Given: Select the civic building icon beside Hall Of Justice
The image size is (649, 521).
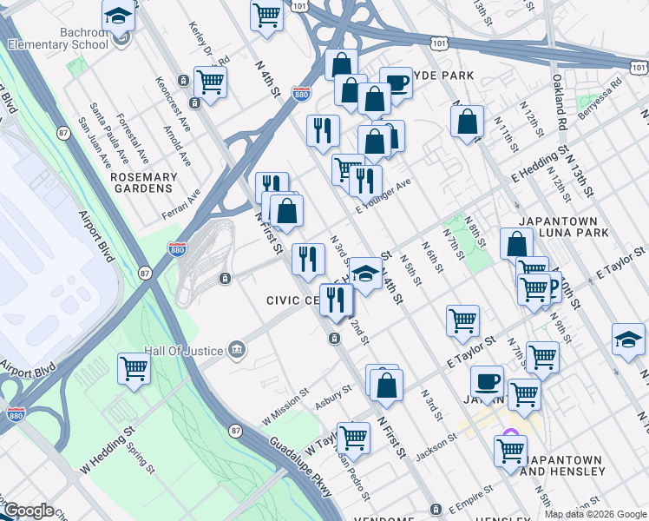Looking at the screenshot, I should [x=236, y=351].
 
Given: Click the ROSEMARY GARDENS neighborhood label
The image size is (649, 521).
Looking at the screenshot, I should [x=144, y=182].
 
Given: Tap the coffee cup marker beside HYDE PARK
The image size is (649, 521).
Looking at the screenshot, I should [x=396, y=83].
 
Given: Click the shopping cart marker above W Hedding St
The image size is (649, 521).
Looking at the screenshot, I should [x=134, y=368].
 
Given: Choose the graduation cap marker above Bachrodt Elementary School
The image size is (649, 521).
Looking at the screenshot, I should [x=118, y=15].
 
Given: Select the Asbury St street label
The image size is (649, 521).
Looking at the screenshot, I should [x=332, y=399].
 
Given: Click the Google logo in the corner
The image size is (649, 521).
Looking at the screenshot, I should [x=28, y=511].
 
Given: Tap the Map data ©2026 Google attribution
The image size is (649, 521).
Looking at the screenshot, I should [x=595, y=514].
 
